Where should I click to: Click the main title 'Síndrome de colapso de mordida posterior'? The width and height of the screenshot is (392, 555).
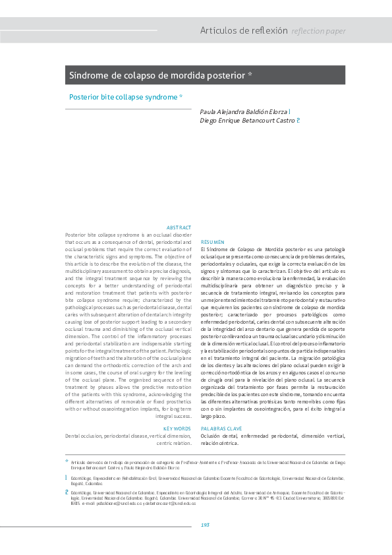tap(158, 75)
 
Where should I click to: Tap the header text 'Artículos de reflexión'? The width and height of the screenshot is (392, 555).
tap(244, 31)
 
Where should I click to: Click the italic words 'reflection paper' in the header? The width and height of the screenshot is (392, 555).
tap(318, 31)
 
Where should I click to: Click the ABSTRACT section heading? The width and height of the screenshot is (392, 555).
tap(179, 227)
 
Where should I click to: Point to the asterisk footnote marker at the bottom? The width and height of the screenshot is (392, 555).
tap(66, 461)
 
